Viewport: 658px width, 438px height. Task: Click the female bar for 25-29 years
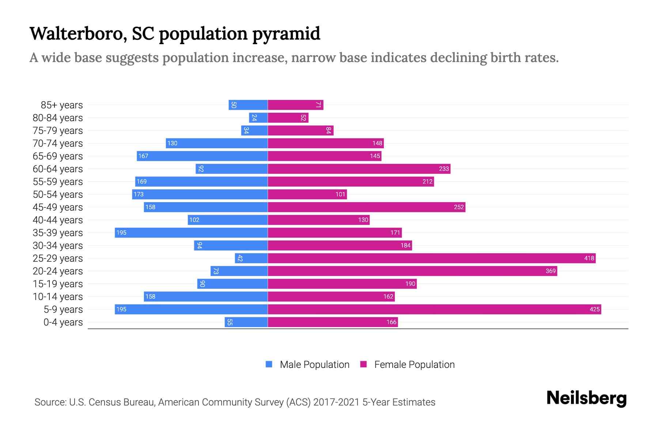pos(431,258)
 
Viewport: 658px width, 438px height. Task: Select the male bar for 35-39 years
pos(191,233)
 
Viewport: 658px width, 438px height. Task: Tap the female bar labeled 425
pos(434,309)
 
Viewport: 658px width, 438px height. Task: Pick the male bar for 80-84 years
pos(258,118)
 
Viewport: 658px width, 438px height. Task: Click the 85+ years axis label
pos(61,105)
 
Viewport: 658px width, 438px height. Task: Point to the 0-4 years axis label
pos(63,322)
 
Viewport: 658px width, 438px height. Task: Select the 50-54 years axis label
pos(58,195)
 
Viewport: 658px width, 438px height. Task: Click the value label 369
pos(550,271)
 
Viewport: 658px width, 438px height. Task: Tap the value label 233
pos(443,169)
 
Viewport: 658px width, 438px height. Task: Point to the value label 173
pos(139,194)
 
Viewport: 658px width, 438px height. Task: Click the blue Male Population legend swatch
pos(269,364)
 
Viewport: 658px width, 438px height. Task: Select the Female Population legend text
pos(414,365)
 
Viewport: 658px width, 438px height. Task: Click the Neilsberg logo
pos(586,398)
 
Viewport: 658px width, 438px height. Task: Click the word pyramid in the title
pos(286,34)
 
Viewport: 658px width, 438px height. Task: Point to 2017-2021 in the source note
pos(336,402)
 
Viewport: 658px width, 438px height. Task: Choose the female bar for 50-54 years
pos(307,194)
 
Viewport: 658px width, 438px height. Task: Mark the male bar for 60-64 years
pos(232,169)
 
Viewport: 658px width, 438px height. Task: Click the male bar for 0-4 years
pos(246,322)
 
